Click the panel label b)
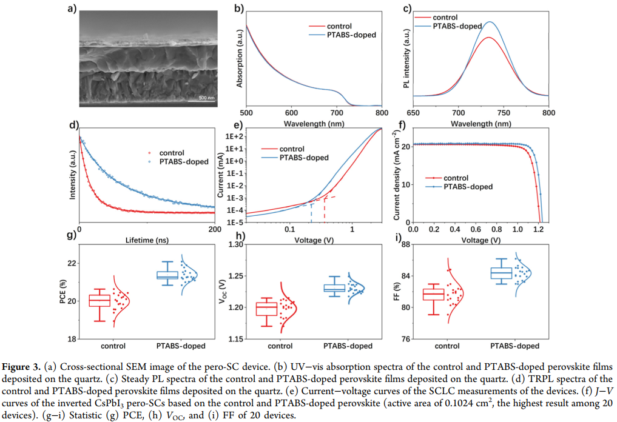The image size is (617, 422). point(238,8)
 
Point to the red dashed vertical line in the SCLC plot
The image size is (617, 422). point(325,210)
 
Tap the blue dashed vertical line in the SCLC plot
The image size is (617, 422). point(311,213)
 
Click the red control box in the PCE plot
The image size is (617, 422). point(99,300)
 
